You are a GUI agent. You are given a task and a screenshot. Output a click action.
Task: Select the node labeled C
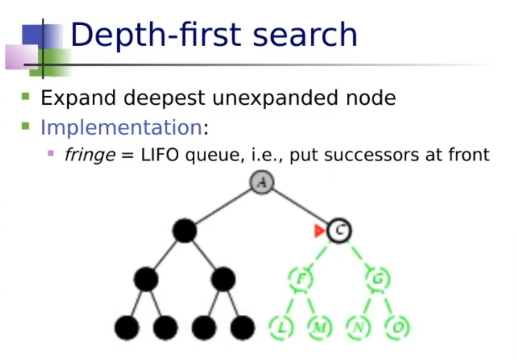click(x=339, y=231)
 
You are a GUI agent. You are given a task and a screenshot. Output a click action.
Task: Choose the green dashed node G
click(x=378, y=279)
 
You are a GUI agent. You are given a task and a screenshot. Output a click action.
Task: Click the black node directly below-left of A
click(x=184, y=231)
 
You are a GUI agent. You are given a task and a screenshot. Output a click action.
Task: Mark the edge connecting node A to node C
click(x=300, y=206)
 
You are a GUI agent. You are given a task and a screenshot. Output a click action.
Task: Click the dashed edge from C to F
click(x=319, y=255)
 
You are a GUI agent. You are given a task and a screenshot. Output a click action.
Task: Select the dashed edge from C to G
click(x=359, y=255)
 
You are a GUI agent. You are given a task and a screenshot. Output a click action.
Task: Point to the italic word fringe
click(x=88, y=155)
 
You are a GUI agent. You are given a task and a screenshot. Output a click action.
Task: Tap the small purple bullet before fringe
click(x=51, y=153)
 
